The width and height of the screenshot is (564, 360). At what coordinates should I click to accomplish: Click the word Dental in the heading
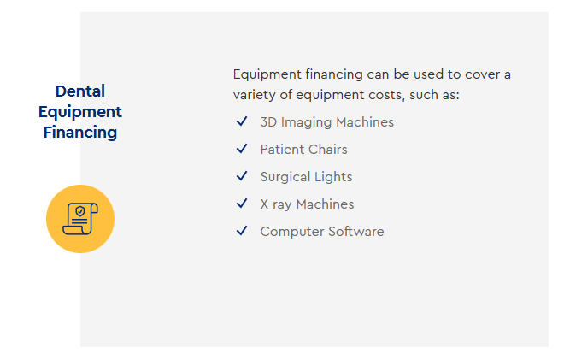pyautogui.click(x=80, y=91)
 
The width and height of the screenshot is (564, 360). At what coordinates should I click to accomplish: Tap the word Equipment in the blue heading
pyautogui.click(x=80, y=112)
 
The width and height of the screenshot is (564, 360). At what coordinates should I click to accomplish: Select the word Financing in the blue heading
pyautogui.click(x=80, y=133)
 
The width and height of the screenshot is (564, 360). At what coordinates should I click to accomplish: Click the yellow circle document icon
pyautogui.click(x=80, y=219)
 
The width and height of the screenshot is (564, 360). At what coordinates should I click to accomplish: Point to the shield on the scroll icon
pyautogui.click(x=80, y=211)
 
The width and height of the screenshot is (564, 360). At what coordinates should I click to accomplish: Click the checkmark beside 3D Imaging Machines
pyautogui.click(x=242, y=121)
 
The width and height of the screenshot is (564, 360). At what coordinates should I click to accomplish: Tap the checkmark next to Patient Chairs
pyautogui.click(x=242, y=149)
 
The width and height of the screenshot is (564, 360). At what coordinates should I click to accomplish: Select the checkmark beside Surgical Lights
pyautogui.click(x=242, y=176)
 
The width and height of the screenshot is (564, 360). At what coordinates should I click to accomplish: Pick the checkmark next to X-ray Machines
pyautogui.click(x=242, y=204)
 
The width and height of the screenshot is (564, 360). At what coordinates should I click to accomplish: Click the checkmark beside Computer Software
pyautogui.click(x=242, y=231)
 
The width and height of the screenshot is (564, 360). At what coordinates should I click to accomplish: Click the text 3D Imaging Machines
pyautogui.click(x=327, y=122)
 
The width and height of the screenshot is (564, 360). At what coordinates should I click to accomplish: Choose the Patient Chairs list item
pyautogui.click(x=304, y=150)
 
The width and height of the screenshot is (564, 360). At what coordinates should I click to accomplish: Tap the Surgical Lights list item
pyautogui.click(x=307, y=177)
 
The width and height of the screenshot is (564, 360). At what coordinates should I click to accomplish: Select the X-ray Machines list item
pyautogui.click(x=307, y=204)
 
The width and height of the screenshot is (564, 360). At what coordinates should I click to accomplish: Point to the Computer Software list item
pyautogui.click(x=322, y=232)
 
